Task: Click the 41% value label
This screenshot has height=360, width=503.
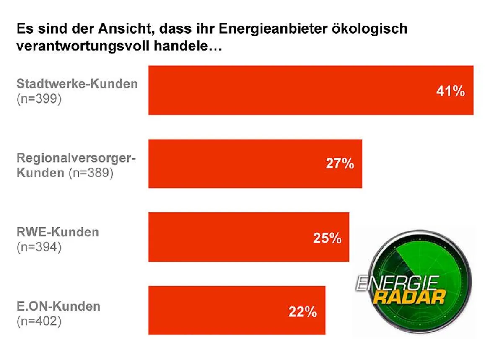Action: (x=450, y=91)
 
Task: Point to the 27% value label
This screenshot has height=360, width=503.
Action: (x=340, y=164)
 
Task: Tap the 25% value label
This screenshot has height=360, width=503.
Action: (x=327, y=238)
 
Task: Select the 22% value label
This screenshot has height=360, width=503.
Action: (x=303, y=312)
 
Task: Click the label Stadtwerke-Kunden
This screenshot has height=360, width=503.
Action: (x=77, y=84)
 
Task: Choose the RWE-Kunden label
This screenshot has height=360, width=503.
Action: (x=58, y=232)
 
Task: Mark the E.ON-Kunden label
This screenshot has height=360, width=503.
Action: (x=59, y=306)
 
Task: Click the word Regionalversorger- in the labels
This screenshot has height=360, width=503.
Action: (x=77, y=158)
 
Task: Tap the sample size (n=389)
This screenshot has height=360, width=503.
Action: (x=91, y=173)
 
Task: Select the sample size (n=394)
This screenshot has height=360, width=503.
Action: (x=39, y=247)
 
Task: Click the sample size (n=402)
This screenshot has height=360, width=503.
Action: (x=39, y=321)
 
